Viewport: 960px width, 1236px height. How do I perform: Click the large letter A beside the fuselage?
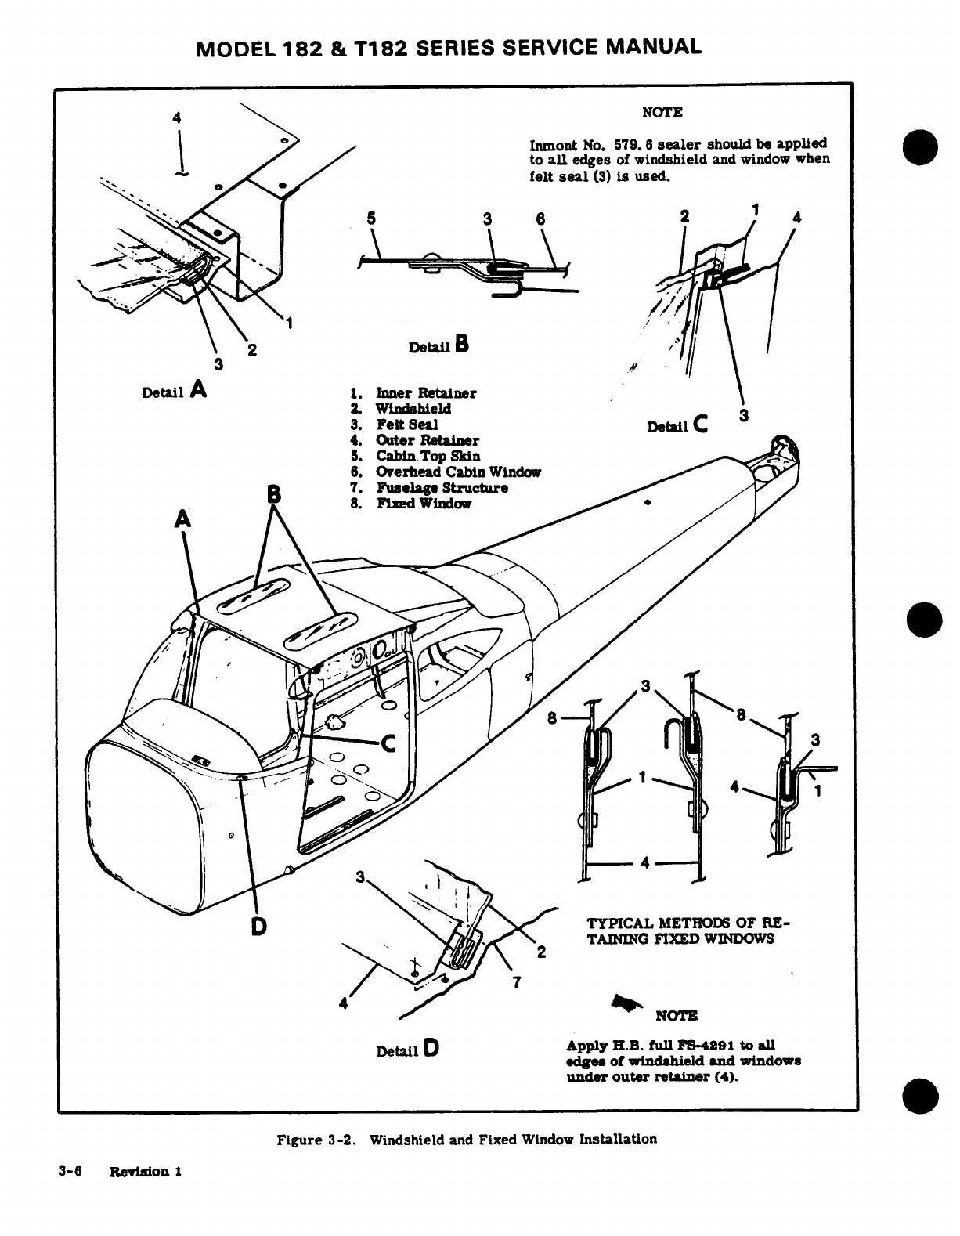click(182, 519)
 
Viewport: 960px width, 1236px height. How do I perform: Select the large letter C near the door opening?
click(388, 743)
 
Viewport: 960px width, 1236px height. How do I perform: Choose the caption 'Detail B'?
click(438, 345)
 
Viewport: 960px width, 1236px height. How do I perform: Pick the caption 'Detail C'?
click(678, 425)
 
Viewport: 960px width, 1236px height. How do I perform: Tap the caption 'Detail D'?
click(407, 1050)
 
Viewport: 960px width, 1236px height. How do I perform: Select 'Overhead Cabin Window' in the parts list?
click(458, 472)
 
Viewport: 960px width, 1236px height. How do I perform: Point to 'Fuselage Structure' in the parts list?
click(442, 487)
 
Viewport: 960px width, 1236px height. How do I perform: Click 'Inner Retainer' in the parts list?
click(425, 392)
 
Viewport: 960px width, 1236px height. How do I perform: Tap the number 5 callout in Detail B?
click(370, 219)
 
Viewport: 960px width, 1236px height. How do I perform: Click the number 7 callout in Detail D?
click(516, 984)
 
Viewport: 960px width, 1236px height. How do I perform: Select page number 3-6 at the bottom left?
click(70, 1171)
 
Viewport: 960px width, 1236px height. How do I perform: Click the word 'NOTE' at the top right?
click(662, 112)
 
